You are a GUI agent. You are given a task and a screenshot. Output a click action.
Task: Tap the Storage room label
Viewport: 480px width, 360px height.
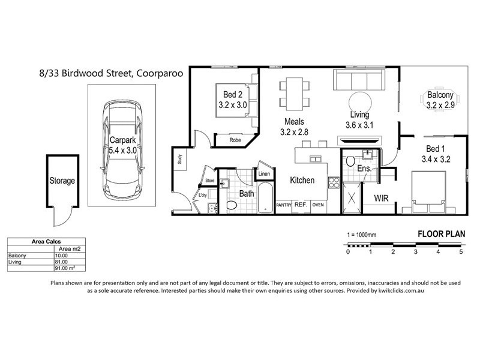tap(62, 180)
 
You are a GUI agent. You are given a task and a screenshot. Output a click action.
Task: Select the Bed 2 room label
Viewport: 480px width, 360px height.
tap(232, 99)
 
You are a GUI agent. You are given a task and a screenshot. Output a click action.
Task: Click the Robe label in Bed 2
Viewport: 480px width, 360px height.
tap(235, 140)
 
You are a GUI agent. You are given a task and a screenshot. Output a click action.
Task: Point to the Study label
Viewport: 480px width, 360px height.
tap(179, 159)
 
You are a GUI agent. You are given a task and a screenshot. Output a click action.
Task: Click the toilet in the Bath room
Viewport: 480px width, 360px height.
tap(234, 205)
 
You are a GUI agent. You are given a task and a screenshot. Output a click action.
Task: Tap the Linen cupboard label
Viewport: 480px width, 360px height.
tap(263, 174)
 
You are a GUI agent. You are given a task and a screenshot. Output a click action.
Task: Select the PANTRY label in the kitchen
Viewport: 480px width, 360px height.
tap(283, 205)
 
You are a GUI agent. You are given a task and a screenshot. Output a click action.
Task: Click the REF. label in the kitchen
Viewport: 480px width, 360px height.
tap(301, 205)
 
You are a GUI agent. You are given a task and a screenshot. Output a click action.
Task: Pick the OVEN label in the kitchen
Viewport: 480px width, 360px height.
tap(318, 205)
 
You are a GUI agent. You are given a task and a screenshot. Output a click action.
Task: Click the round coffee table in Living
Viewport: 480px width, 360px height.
tap(359, 100)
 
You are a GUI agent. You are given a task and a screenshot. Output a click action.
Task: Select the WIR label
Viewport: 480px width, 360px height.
tap(382, 197)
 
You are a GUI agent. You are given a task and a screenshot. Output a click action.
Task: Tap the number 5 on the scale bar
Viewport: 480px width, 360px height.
tap(460, 251)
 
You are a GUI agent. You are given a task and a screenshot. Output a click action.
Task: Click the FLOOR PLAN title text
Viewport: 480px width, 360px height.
tap(439, 233)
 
